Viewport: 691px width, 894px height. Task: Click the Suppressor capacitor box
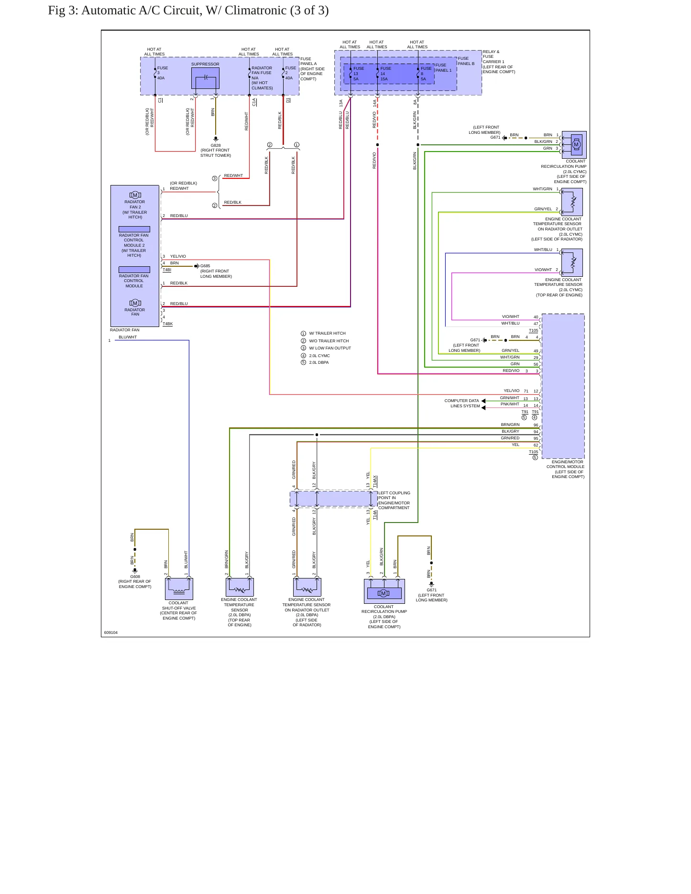click(x=205, y=78)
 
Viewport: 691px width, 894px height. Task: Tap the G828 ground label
click(x=216, y=145)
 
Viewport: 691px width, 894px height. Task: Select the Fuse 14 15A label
click(x=385, y=74)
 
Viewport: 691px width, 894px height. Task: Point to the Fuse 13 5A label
click(x=358, y=74)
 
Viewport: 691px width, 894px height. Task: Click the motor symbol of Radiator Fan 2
click(x=135, y=195)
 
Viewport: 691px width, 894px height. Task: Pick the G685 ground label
click(x=205, y=266)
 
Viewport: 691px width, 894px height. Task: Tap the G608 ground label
click(x=135, y=577)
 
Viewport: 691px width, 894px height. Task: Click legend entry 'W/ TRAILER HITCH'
click(x=327, y=334)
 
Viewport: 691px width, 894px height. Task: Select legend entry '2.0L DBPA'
click(x=318, y=362)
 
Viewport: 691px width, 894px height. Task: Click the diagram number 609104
click(x=111, y=632)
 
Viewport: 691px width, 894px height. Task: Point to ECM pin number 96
click(x=536, y=425)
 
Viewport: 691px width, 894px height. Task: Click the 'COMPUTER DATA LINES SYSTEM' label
click(x=462, y=403)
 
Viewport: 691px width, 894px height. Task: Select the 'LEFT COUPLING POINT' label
click(x=394, y=495)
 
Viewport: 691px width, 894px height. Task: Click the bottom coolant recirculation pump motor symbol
click(x=384, y=593)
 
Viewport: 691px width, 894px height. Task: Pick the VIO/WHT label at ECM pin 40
click(x=510, y=316)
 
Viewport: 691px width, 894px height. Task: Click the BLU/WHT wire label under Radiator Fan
click(x=128, y=337)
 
